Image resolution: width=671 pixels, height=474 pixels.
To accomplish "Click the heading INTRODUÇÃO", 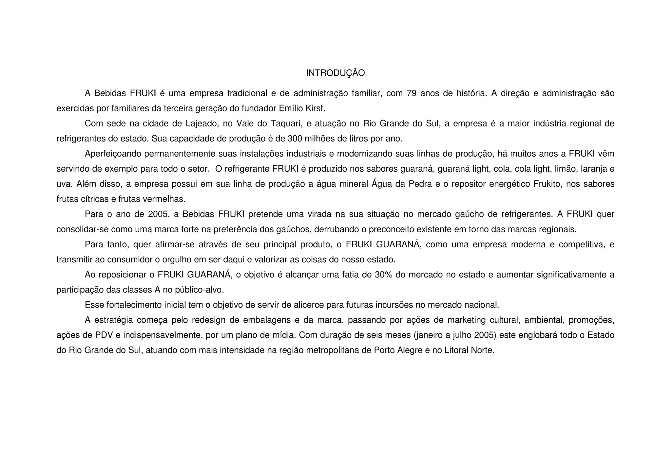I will tap(335, 73).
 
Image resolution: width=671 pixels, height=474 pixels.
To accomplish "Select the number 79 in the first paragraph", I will tap(412, 93).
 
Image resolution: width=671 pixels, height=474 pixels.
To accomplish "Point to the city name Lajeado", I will tap(202, 123).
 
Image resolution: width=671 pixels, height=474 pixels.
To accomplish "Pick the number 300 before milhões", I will tap(295, 139).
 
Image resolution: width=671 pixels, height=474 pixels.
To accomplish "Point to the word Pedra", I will tap(420, 184).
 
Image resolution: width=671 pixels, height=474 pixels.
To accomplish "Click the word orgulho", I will tap(175, 259).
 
